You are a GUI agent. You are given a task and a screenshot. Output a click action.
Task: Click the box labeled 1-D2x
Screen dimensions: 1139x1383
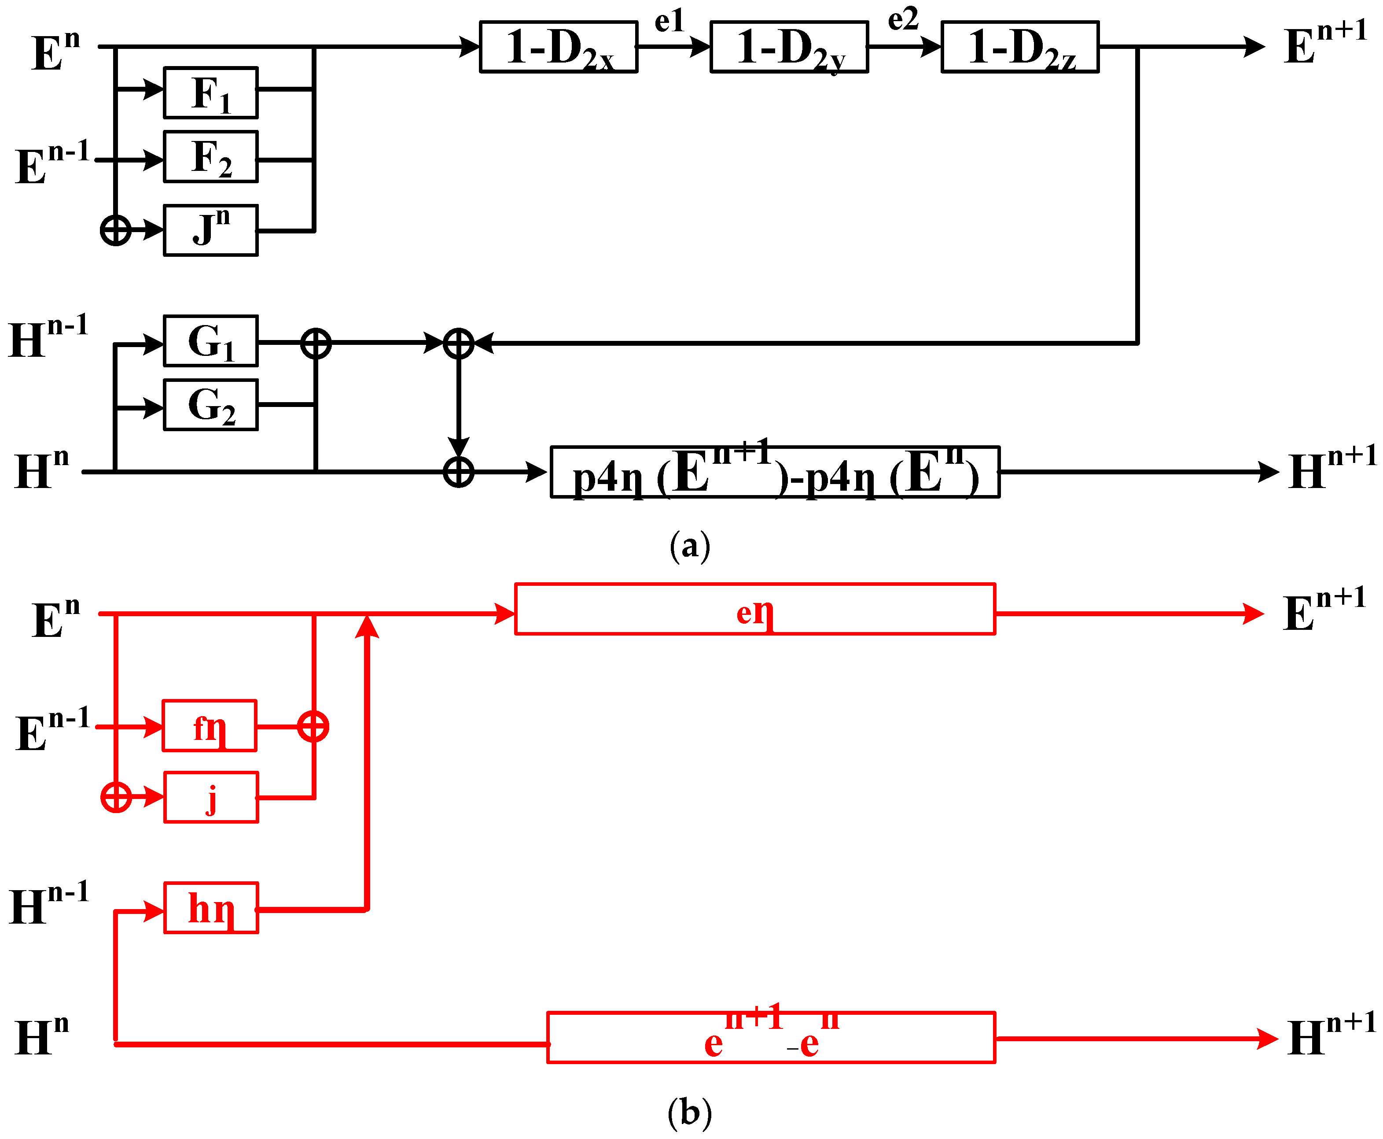(558, 47)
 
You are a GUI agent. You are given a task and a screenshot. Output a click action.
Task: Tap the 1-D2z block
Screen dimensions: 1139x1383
(1020, 47)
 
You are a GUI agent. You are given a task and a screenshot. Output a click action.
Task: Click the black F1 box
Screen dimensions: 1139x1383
(210, 92)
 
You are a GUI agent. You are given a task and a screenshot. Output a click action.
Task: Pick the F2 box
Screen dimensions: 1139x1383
(210, 157)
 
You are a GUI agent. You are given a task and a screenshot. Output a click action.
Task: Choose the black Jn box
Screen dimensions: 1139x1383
(210, 230)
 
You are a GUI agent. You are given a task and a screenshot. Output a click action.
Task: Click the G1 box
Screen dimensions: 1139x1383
(210, 340)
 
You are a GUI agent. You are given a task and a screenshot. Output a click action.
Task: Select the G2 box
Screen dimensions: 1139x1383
(210, 405)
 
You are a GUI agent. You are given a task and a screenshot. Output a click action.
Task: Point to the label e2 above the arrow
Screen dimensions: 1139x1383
(903, 19)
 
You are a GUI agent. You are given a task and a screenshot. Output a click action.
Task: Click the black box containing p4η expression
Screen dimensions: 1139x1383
(775, 473)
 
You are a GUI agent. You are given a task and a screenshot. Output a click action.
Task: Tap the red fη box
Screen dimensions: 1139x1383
(209, 726)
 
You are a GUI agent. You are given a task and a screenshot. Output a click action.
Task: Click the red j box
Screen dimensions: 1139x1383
(210, 797)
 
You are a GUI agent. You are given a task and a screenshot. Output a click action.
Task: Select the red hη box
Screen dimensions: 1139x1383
(210, 908)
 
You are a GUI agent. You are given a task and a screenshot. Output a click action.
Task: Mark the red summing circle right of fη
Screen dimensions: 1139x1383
(313, 726)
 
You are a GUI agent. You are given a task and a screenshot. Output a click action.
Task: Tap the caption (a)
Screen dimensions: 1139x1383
(690, 546)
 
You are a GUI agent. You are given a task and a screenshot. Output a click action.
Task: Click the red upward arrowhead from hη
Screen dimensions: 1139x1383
(367, 627)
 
